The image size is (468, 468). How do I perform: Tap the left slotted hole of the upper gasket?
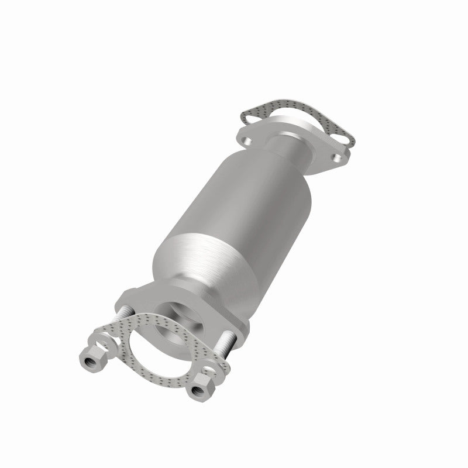tap(252, 119)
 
